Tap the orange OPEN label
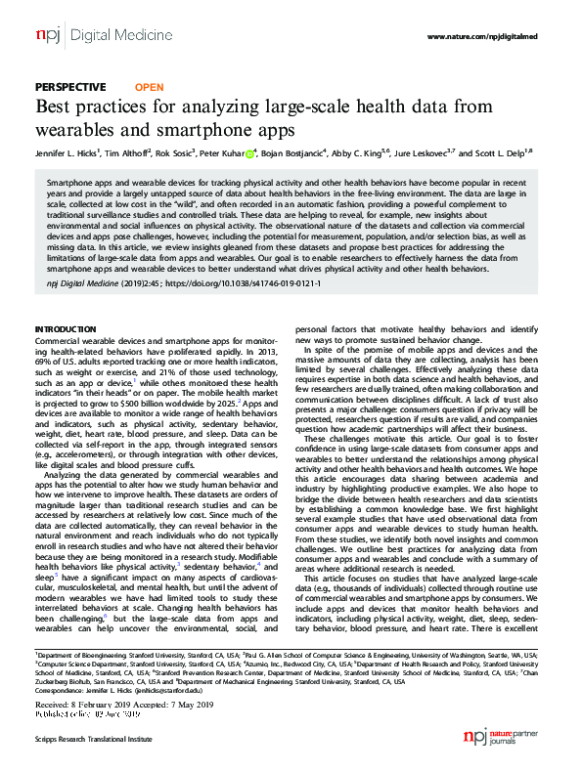(148, 86)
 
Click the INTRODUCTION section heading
(67, 328)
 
